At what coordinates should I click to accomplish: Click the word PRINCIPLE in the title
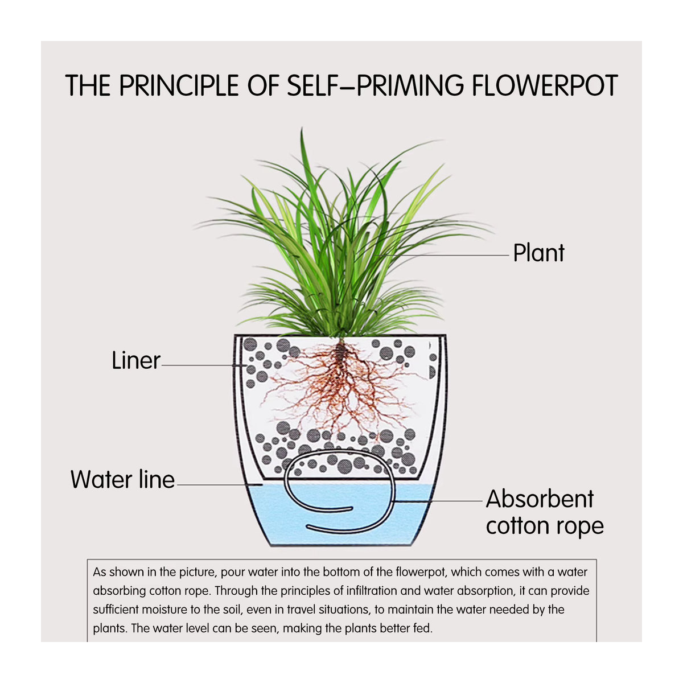179,85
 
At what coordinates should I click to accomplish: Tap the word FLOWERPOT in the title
545,85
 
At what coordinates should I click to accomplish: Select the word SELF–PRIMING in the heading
375,85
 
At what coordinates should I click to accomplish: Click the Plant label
538,254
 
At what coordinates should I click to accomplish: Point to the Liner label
136,360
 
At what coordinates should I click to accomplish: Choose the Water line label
122,480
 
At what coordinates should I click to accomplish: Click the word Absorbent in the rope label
540,499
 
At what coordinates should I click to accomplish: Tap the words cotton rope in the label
545,526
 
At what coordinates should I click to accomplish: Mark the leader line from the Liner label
204,365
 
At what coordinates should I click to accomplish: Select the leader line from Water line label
219,484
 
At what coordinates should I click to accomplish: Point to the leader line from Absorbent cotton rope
438,501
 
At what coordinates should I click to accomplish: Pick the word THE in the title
88,85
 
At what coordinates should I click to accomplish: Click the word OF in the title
262,85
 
